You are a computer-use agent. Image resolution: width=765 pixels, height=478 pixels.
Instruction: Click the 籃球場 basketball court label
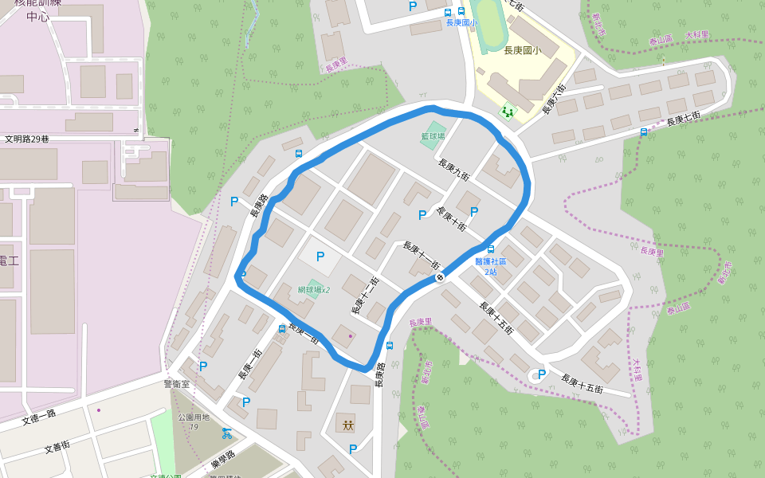433,136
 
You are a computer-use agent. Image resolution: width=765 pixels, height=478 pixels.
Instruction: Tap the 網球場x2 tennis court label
314,290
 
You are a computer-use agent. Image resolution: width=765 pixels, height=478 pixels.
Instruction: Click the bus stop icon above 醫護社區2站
490,249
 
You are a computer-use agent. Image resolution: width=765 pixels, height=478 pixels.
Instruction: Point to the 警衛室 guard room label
177,383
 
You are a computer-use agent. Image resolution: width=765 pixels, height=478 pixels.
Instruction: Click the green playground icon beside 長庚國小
508,111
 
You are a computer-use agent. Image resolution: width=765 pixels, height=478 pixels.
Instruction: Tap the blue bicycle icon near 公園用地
227,433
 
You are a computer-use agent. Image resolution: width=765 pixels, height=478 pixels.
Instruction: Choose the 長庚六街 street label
555,99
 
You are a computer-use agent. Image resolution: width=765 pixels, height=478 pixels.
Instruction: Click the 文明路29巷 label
27,139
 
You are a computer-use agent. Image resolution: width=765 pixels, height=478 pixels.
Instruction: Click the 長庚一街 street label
250,364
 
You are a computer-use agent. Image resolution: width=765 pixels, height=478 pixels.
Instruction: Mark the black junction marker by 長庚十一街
440,277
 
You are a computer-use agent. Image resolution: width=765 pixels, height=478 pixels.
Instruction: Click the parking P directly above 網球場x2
320,257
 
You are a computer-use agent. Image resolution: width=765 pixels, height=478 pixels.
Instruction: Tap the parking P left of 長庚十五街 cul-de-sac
542,374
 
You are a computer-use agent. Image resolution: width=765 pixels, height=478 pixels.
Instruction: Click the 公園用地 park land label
194,417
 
